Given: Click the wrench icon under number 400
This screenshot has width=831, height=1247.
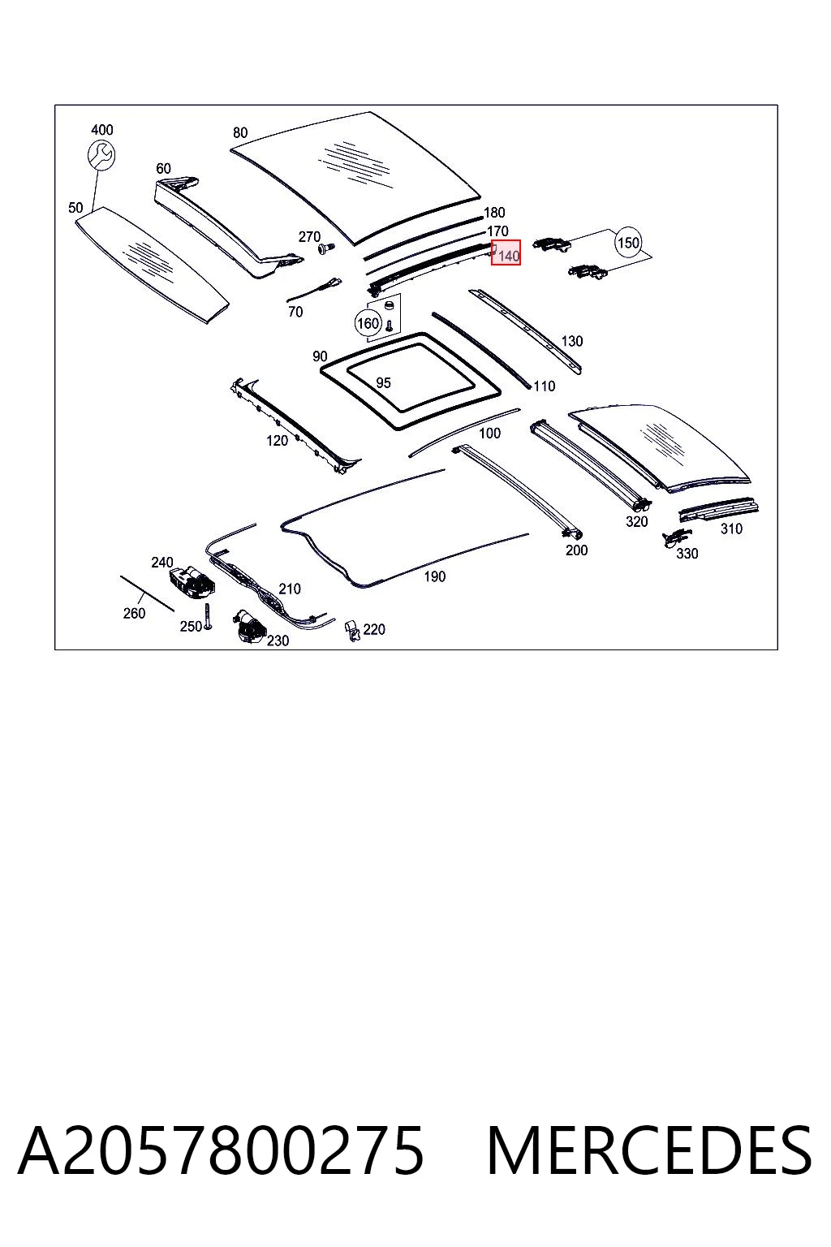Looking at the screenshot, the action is click(101, 154).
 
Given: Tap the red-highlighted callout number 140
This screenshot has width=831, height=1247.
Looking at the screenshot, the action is click(506, 252).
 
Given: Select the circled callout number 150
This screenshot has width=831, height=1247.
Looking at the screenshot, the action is click(628, 243).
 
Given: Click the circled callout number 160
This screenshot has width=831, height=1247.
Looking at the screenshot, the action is click(368, 323).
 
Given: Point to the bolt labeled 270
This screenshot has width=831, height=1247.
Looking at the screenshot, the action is click(325, 247).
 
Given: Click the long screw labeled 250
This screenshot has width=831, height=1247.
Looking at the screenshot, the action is click(208, 616).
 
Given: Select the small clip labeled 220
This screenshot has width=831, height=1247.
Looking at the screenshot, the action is click(354, 630).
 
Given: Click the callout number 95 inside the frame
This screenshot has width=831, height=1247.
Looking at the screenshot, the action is click(383, 382).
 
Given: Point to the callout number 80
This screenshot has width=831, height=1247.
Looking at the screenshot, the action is click(240, 132).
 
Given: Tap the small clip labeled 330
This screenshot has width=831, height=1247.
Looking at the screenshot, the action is click(676, 537).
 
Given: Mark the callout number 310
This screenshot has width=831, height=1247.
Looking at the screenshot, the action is click(731, 529).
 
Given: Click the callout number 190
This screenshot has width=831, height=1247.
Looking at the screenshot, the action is click(435, 576).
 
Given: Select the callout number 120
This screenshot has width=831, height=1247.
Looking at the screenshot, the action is click(277, 440).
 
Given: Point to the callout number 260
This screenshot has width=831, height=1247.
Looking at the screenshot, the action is click(134, 613).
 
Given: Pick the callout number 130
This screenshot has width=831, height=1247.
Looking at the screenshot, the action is click(571, 341).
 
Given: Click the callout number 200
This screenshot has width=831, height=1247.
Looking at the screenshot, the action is click(576, 550).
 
